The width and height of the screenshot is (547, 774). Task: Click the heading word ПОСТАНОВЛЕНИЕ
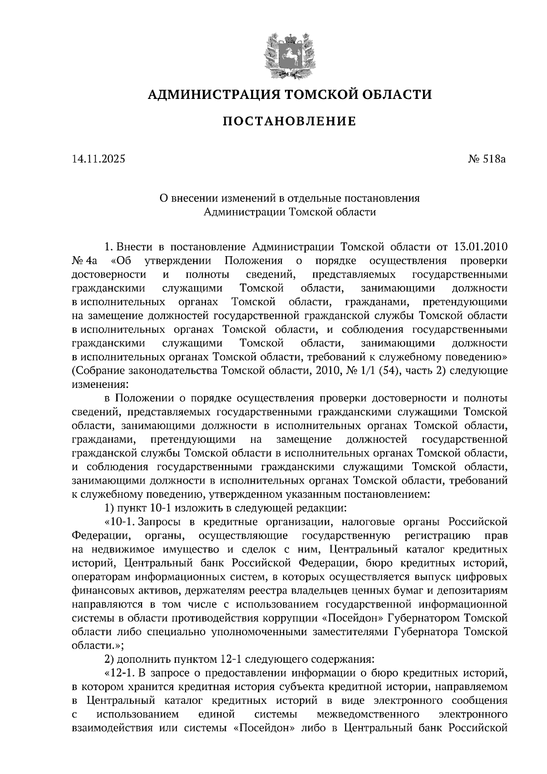[x=289, y=121]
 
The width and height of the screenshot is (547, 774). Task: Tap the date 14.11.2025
[x=98, y=159]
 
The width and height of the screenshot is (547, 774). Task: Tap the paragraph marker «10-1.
[x=121, y=521]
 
